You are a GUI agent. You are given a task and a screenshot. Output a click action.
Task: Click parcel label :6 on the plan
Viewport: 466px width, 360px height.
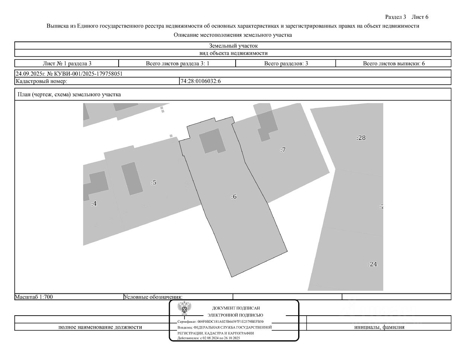(x=234, y=196)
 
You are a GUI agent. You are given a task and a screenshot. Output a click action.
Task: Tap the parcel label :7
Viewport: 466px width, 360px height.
(x=283, y=150)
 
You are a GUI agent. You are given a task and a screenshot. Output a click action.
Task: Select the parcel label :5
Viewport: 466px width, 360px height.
(x=154, y=182)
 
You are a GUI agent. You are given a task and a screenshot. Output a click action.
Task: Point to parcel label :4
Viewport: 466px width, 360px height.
(x=94, y=204)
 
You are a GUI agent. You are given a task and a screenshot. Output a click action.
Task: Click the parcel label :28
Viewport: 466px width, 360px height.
(x=361, y=138)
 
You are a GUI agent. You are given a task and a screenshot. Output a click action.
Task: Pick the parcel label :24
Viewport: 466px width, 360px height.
(x=373, y=264)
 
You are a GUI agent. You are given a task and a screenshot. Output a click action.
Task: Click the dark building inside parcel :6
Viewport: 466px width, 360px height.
(x=212, y=141)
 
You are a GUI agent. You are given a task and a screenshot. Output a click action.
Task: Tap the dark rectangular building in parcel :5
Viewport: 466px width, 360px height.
(x=132, y=179)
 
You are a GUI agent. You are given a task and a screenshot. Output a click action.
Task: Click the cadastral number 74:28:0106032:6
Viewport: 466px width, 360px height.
(x=201, y=81)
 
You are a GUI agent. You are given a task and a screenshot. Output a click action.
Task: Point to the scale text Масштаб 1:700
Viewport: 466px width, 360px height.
(x=34, y=297)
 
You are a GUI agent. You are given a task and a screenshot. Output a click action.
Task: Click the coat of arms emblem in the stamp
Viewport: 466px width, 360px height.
(x=184, y=308)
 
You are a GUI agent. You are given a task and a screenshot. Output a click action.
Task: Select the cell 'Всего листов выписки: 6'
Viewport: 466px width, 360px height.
(x=394, y=64)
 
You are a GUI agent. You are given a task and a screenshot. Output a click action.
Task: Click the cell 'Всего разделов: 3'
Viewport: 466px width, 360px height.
(x=286, y=64)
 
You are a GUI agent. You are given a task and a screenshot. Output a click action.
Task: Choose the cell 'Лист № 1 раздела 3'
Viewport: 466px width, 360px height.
(x=67, y=64)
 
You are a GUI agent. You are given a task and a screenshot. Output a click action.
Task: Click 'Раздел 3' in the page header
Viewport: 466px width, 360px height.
(x=396, y=17)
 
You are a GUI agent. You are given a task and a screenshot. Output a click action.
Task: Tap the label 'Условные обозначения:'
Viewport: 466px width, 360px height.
(x=153, y=297)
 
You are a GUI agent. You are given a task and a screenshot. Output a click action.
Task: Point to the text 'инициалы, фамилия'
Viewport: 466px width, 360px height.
(x=379, y=327)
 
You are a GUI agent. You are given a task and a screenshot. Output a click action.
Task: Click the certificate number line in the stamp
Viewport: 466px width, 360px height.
(x=221, y=322)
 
